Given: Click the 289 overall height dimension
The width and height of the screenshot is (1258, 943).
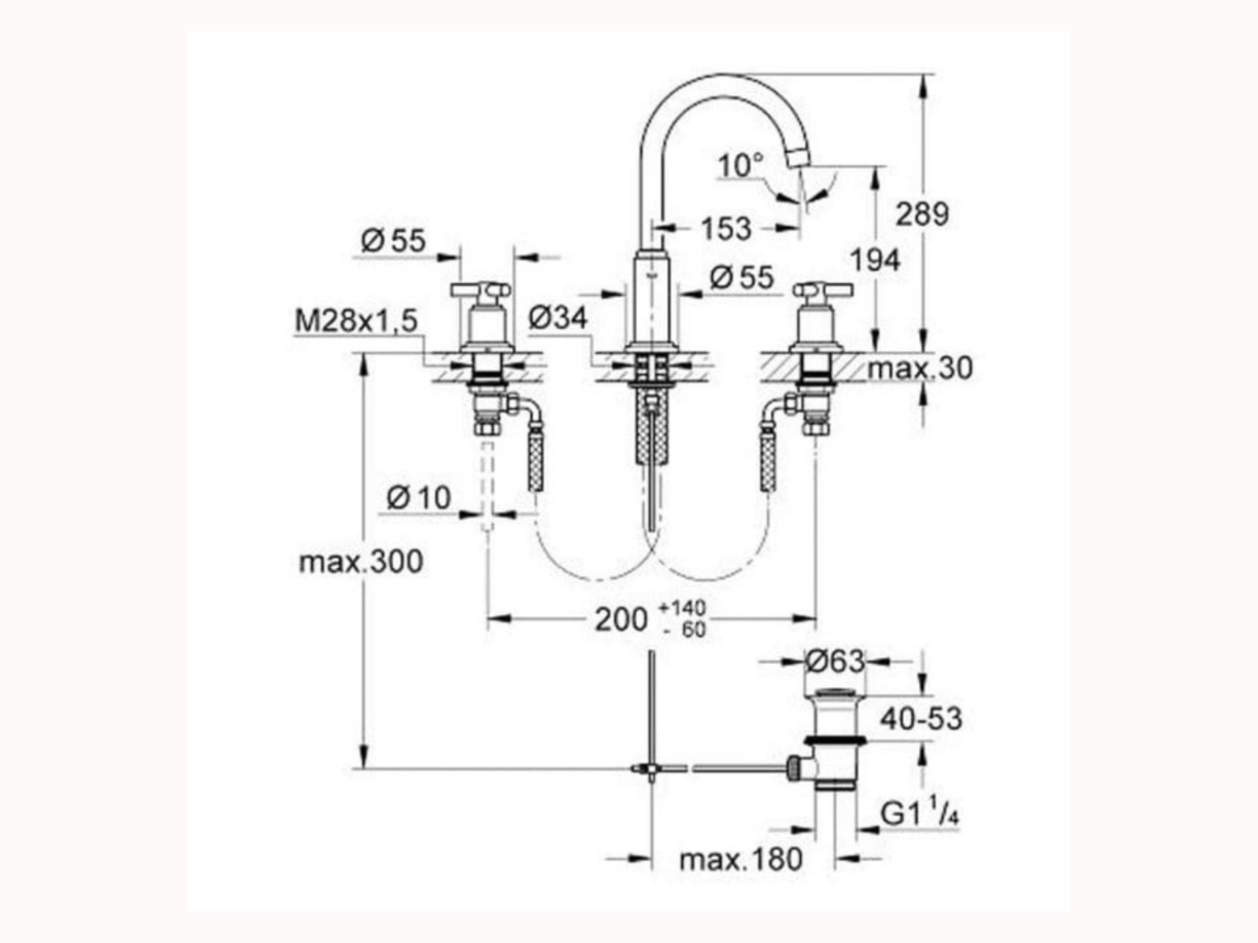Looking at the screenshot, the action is point(922,214).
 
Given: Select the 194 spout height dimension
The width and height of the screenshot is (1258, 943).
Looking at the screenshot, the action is point(875,260).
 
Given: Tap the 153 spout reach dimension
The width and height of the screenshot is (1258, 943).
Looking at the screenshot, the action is point(726,228).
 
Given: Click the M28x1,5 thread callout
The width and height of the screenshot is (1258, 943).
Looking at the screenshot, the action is point(357,321).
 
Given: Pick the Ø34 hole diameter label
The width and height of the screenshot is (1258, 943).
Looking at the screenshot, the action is point(558,317).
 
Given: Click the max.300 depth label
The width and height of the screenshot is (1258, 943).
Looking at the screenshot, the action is point(361,561).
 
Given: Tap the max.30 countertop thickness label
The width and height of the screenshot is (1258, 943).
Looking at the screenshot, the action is point(920,368).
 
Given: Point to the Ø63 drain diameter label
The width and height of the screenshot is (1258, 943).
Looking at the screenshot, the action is point(836,661).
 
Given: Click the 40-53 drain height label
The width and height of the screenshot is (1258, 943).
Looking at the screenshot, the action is point(921,719).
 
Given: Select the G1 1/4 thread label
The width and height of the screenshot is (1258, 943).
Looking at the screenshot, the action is point(919,813).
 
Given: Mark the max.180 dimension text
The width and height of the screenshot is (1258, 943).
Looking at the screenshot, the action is point(741,859).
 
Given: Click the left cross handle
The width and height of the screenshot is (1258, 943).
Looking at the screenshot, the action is point(481,290).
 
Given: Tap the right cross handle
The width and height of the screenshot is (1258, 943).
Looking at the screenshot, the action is point(823,290).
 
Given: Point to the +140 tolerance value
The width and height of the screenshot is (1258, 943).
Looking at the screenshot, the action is point(682,609).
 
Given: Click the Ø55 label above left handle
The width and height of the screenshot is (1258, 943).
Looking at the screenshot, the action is point(393,240).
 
